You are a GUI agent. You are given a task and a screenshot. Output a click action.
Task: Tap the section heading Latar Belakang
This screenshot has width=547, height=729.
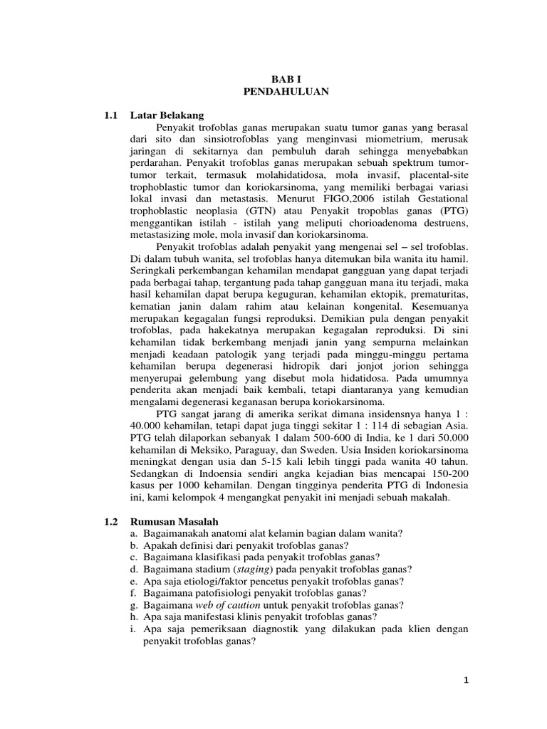tap(167, 115)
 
